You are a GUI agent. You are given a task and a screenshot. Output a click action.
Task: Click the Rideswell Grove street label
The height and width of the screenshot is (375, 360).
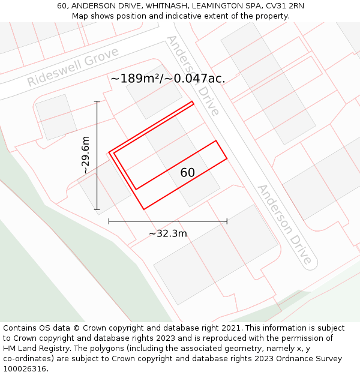pyautogui.click(x=73, y=69)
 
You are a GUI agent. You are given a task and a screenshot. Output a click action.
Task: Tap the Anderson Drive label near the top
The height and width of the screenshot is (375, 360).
pyautogui.click(x=193, y=75)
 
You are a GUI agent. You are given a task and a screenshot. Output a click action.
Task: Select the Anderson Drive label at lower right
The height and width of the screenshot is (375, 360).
pyautogui.click(x=285, y=224)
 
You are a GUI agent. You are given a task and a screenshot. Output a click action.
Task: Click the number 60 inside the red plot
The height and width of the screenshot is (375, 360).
pyautogui.click(x=187, y=173)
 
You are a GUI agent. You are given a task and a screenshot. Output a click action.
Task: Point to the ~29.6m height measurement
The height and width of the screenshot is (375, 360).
pyautogui.click(x=86, y=155)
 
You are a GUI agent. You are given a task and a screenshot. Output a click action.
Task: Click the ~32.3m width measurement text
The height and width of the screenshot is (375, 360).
pyautogui.click(x=168, y=233)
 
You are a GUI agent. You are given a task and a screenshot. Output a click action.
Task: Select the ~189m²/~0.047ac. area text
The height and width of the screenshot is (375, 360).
pyautogui.click(x=167, y=79)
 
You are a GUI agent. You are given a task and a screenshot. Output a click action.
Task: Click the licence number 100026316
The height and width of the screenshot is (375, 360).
pyautogui.click(x=25, y=369)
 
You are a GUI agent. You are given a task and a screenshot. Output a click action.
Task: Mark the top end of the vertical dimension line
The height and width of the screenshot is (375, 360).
pyautogui.click(x=97, y=101)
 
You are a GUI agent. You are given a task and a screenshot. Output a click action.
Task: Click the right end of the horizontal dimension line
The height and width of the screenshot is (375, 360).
pyautogui.click(x=227, y=221)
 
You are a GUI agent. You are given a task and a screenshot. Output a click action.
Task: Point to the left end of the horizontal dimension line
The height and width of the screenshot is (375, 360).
pyautogui.click(x=109, y=221)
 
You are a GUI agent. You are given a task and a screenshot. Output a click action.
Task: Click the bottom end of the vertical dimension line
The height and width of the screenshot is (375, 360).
pyautogui.click(x=97, y=209)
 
